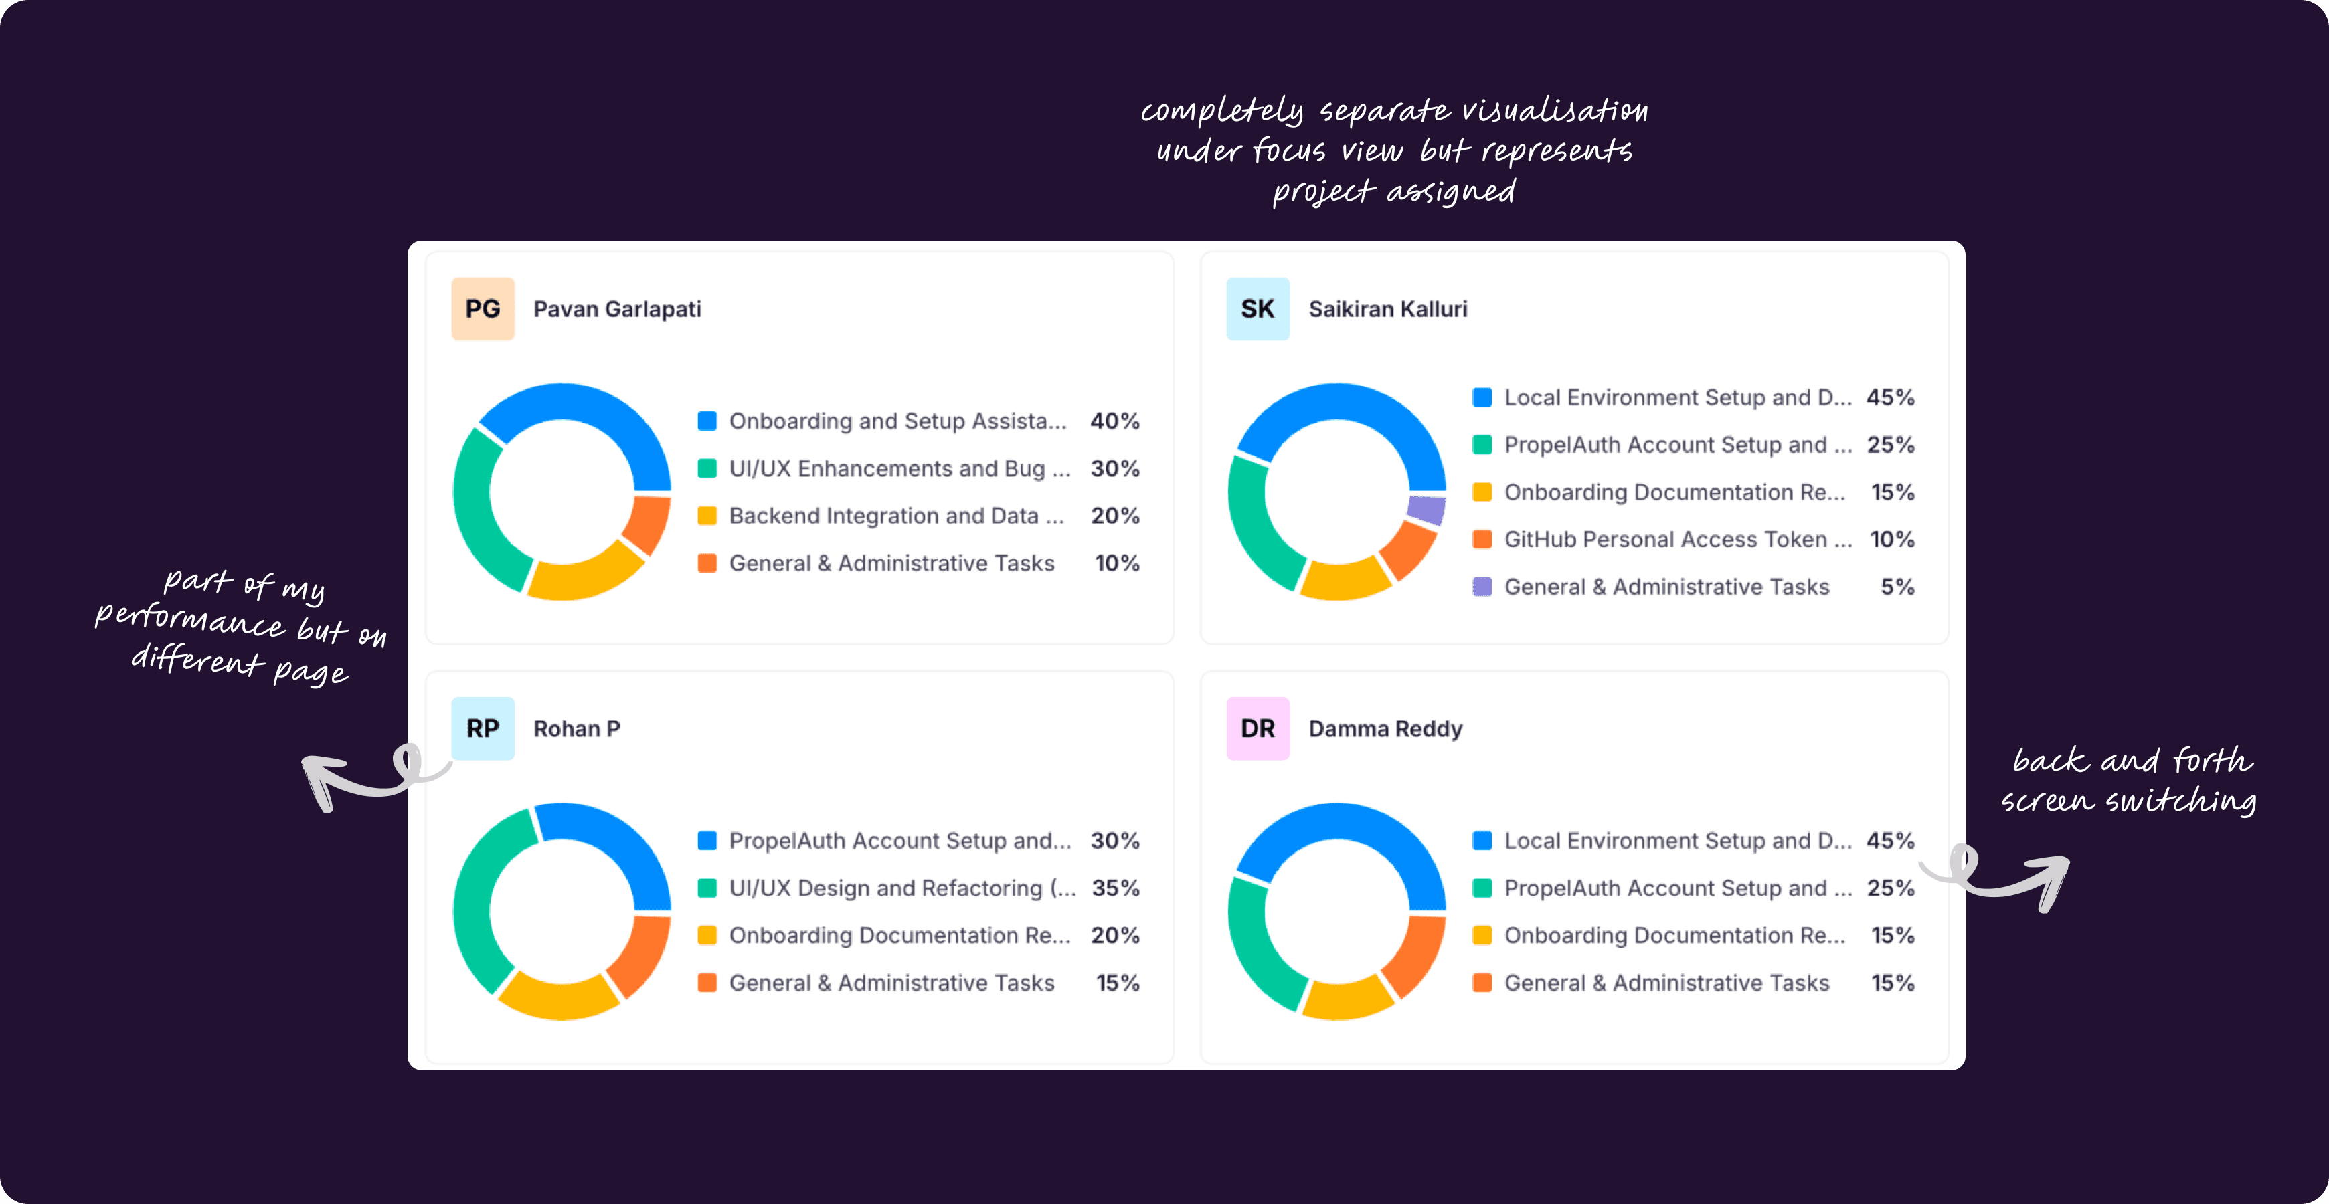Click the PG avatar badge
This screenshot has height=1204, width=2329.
(x=483, y=309)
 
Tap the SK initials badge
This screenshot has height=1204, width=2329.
(x=1257, y=309)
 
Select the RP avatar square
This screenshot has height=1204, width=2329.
(x=483, y=728)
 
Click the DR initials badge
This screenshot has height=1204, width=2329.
(x=1257, y=728)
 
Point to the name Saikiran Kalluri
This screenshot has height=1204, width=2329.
(x=1388, y=309)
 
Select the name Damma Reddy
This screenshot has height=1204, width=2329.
(x=1385, y=728)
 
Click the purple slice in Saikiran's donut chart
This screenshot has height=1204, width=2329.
(x=1427, y=510)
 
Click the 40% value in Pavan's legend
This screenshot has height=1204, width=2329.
(x=1115, y=421)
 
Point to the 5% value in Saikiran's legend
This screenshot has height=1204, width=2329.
(x=1897, y=587)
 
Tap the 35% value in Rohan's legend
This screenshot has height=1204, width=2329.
(x=1115, y=888)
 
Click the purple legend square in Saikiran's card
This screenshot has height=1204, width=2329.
(x=1482, y=587)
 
